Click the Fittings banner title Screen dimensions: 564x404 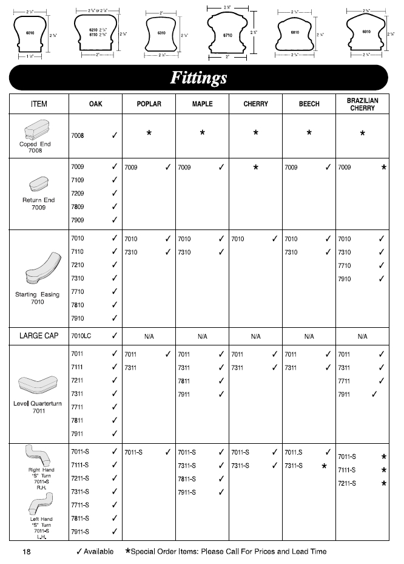[x=198, y=78]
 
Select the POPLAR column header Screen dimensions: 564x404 [x=149, y=104]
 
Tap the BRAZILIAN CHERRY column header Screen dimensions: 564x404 [x=362, y=104]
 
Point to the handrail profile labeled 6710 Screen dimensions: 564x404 [x=227, y=35]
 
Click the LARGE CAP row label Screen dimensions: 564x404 [x=39, y=336]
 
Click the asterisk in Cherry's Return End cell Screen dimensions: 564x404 [x=255, y=167]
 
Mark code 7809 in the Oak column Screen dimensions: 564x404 [x=78, y=207]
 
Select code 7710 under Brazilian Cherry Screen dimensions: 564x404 [x=345, y=266]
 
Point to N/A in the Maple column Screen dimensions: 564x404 [x=202, y=336]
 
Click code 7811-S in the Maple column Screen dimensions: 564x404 [x=187, y=479]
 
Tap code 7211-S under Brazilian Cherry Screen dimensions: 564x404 [x=347, y=484]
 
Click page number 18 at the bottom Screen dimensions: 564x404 [x=26, y=552]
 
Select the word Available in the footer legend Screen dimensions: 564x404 [x=99, y=552]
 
